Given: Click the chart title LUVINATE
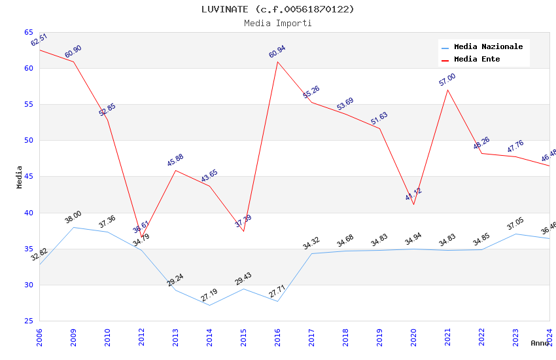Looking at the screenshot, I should (x=277, y=9).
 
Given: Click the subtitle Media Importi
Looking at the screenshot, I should (x=277, y=23).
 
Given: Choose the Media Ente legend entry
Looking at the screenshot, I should (x=477, y=60).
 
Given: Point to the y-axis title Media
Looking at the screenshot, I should (x=20, y=177).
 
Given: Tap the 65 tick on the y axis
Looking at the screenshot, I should (x=29, y=32).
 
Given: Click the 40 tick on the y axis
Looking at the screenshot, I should (x=29, y=213).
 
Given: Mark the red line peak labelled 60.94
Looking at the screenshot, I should (x=277, y=62).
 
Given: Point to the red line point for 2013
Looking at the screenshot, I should (x=175, y=170).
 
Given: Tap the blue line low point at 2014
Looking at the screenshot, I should (x=209, y=305).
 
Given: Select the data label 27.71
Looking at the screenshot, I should (x=277, y=291).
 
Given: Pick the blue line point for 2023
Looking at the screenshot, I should (x=515, y=234).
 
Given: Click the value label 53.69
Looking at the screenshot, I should (x=345, y=104).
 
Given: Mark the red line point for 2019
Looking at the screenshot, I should (x=379, y=128).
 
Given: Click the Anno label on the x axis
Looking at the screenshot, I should (x=540, y=343).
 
